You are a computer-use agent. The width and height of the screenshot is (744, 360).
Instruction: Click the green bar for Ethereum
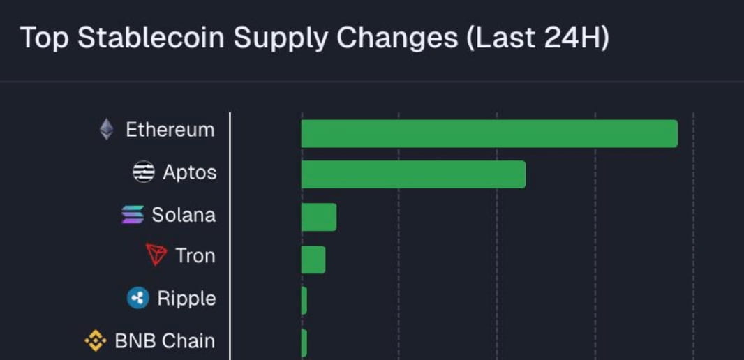coord(489,133)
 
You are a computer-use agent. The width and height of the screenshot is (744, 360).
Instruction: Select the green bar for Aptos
coord(413,174)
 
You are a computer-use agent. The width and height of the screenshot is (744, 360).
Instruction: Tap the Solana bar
coord(319,217)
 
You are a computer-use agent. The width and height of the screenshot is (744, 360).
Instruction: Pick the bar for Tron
coord(313,260)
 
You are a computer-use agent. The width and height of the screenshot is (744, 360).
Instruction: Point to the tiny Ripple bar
coord(304,301)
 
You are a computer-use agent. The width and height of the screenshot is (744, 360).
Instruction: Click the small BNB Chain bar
coord(304,343)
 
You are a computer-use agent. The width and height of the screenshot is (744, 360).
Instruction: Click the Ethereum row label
coord(170,130)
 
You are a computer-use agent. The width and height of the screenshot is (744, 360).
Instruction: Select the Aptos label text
coord(189,172)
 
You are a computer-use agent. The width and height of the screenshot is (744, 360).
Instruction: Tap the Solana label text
coord(184,214)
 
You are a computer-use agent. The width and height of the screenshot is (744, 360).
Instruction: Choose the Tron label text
coord(195,256)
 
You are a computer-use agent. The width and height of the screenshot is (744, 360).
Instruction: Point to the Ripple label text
coord(186,299)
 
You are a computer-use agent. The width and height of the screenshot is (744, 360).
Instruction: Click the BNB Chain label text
coord(165,341)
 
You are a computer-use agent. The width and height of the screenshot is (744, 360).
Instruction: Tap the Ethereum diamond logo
coord(106,129)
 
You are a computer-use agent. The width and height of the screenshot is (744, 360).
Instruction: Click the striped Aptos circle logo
coord(144,172)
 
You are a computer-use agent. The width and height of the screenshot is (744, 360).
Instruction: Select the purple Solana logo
coord(133,214)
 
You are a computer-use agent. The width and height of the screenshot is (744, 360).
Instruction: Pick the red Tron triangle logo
coord(156,255)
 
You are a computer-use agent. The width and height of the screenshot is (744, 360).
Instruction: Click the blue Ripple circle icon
coord(138,299)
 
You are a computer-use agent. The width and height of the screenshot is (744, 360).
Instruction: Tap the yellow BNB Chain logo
coord(96,341)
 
